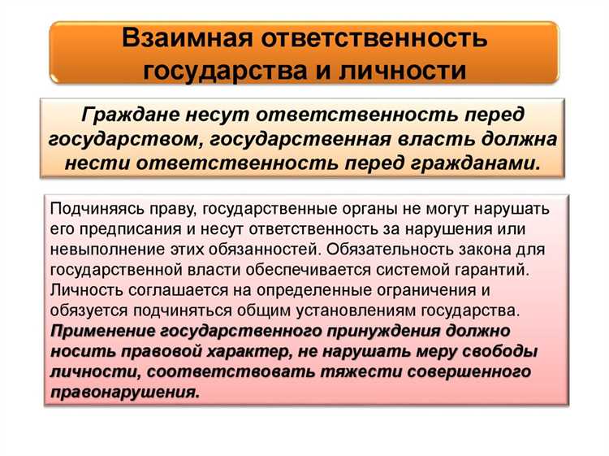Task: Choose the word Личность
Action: click(81, 290)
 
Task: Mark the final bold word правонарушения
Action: click(124, 392)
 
